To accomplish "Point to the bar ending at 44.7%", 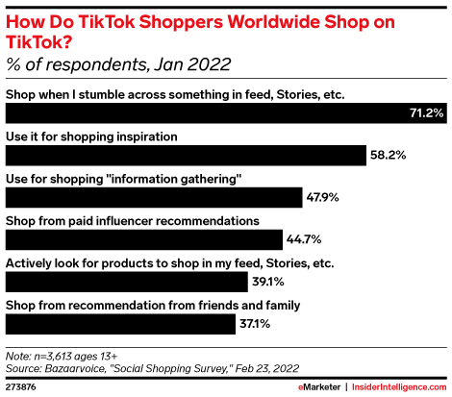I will coord(143,240).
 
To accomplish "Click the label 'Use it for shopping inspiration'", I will coord(92,136).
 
